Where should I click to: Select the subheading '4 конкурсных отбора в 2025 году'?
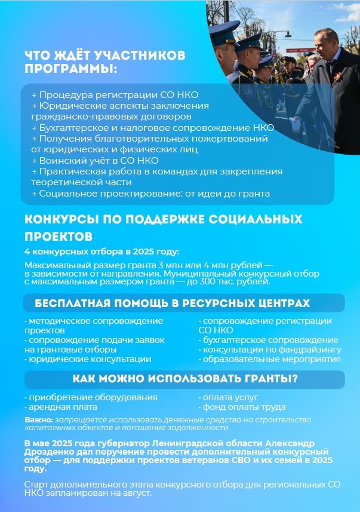click(x=101, y=252)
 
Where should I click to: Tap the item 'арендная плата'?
click(x=60, y=407)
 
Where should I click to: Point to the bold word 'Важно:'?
click(x=38, y=419)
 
